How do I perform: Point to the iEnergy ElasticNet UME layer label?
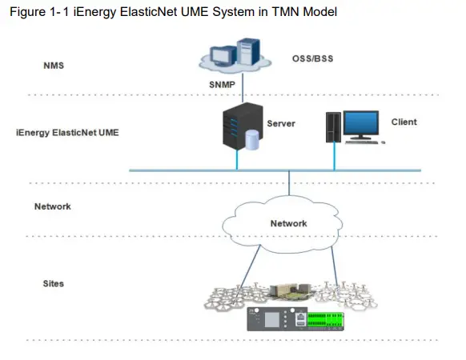67,130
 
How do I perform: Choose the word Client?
404,122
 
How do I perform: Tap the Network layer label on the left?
53,206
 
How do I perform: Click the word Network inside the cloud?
288,223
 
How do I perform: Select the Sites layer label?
54,284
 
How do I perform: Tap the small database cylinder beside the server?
254,141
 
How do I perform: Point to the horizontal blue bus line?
184,170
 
